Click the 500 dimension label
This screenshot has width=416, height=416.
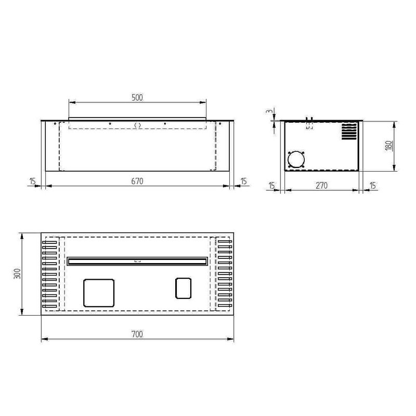coord(137,98)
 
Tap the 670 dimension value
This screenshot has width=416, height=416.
coord(137,181)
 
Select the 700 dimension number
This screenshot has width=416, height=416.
coord(137,334)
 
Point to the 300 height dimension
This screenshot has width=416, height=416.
coord(17,274)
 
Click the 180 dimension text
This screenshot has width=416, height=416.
coord(388,146)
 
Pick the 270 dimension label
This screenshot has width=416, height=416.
coord(321,186)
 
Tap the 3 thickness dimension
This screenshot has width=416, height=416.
coord(269,111)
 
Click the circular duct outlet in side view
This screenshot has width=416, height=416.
coord(296,160)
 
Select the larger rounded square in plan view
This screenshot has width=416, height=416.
coord(99,293)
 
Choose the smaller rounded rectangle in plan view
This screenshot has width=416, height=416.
coord(184,288)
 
